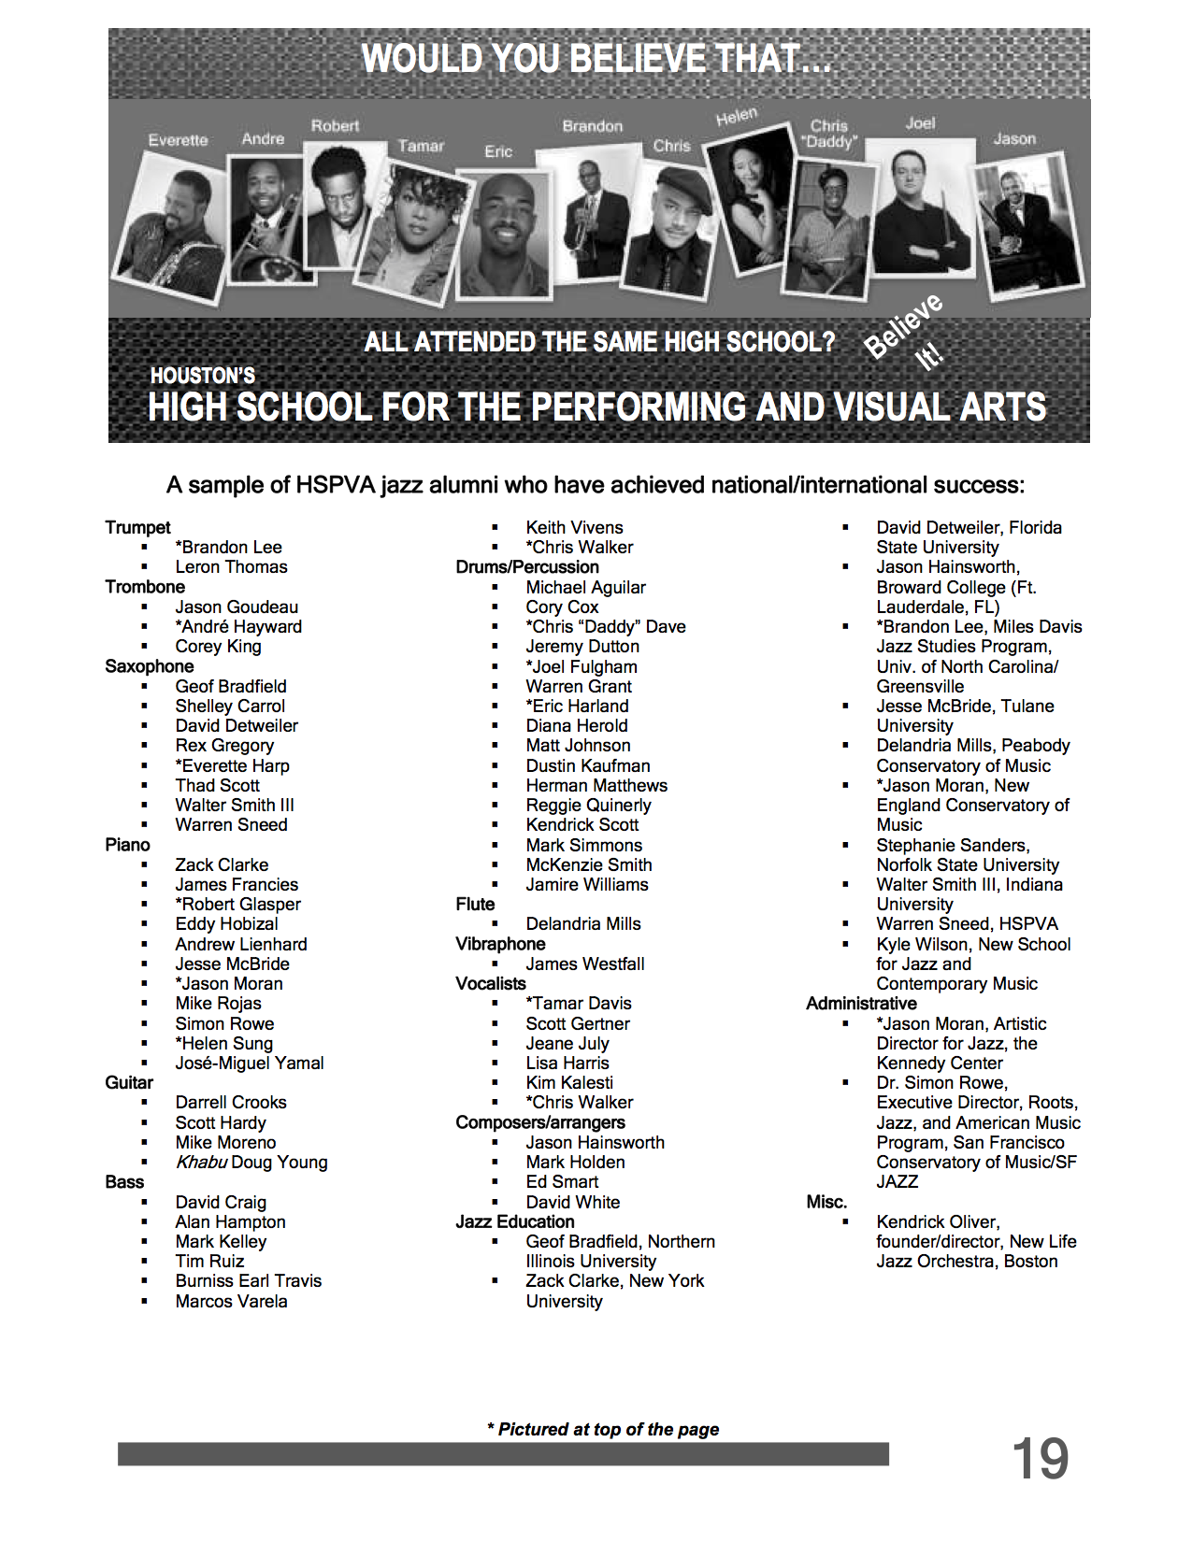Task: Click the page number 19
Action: click(x=1040, y=1459)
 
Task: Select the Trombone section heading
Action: click(x=145, y=587)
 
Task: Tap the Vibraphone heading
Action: click(x=500, y=944)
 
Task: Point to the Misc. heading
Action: click(x=826, y=1202)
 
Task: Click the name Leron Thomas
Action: click(x=231, y=567)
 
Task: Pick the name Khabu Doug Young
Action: click(x=251, y=1163)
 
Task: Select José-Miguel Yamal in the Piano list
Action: click(x=250, y=1064)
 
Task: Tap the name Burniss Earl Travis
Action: click(x=248, y=1281)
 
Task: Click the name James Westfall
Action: click(x=585, y=964)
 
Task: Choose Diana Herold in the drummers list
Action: click(x=576, y=726)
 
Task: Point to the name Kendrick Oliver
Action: click(x=937, y=1222)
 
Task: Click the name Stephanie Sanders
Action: click(x=953, y=846)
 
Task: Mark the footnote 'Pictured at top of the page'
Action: click(x=603, y=1430)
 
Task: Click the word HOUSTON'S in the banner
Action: click(x=203, y=376)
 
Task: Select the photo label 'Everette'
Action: click(x=178, y=140)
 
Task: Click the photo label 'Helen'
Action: click(x=737, y=117)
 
